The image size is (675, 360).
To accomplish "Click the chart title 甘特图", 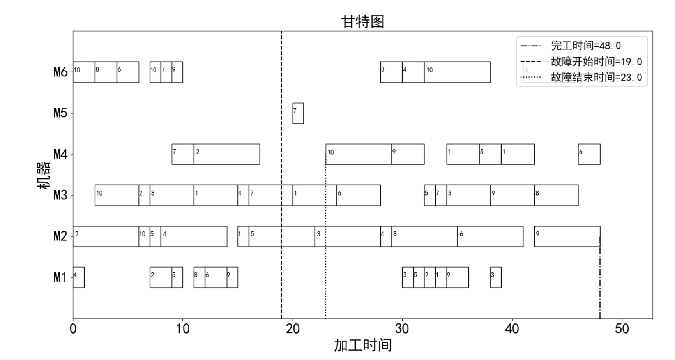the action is (362, 22).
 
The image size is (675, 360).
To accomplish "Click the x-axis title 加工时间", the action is (362, 345).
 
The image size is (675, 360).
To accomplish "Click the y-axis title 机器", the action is (44, 175).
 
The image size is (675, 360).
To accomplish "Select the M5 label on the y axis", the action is (60, 113).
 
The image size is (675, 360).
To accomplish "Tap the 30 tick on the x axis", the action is (402, 329).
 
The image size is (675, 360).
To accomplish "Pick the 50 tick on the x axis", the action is (622, 329).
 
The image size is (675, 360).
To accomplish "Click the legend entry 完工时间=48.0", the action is (586, 46).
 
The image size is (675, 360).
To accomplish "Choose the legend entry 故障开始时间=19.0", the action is (596, 62).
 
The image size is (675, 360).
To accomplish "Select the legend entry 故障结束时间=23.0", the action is (596, 77).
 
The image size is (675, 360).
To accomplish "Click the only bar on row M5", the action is (298, 113).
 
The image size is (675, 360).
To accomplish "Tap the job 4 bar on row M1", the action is (79, 277).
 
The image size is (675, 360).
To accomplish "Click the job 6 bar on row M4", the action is (589, 154).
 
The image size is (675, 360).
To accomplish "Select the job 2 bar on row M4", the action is (226, 154).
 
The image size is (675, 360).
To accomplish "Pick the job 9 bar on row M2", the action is (567, 236).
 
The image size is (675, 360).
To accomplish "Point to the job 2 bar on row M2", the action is (106, 236).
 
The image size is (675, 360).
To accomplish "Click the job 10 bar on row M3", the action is (117, 195).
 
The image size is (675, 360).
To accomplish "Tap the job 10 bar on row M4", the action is (359, 154).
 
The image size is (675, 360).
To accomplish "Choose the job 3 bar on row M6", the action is (391, 72).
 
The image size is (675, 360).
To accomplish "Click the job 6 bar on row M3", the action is (359, 195).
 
